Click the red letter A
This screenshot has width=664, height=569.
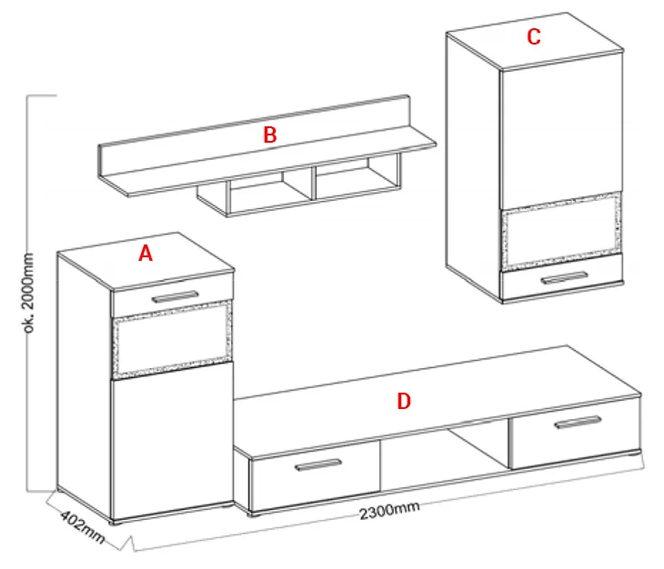click(146, 254)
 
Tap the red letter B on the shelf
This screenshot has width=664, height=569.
click(270, 135)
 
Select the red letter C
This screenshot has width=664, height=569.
click(534, 36)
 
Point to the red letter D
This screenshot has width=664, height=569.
click(404, 401)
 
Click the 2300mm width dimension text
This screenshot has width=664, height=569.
click(389, 510)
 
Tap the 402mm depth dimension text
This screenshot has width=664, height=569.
click(82, 527)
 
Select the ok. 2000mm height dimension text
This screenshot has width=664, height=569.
click(28, 294)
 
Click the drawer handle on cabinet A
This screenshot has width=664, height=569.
click(176, 296)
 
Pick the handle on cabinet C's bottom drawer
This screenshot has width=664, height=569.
click(564, 278)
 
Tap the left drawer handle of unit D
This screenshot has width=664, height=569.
click(318, 464)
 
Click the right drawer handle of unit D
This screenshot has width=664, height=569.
click(578, 422)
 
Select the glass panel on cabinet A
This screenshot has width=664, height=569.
click(172, 340)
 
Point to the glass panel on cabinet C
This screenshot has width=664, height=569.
click(561, 231)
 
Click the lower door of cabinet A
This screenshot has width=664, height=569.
click(172, 441)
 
